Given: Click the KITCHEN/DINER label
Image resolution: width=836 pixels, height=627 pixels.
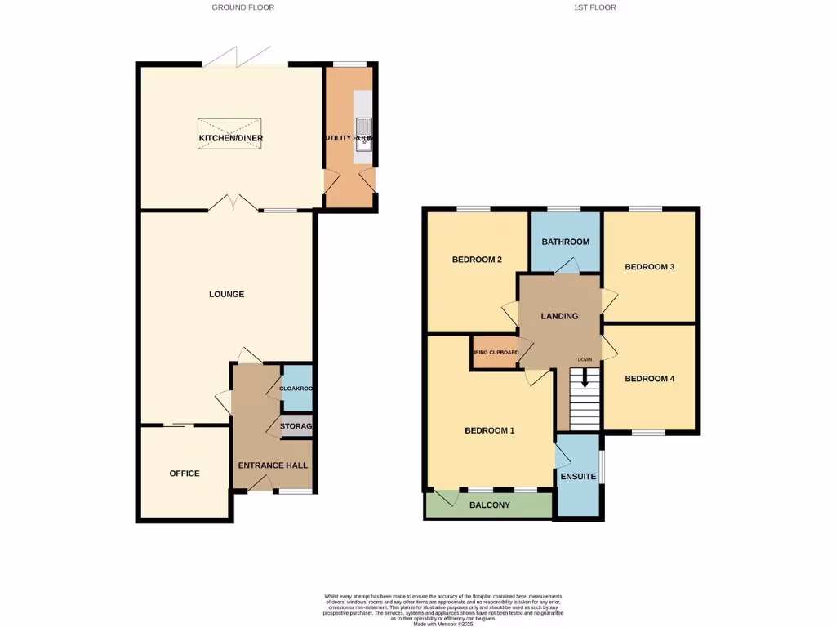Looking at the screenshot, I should point(231,138).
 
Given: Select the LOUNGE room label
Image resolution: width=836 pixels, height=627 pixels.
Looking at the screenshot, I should point(226,294).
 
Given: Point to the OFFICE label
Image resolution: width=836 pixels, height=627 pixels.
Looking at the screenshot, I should point(185,474).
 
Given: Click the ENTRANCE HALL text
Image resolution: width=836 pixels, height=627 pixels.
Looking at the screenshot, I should point(273,465).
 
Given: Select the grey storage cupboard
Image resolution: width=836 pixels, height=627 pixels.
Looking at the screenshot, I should point(296,426).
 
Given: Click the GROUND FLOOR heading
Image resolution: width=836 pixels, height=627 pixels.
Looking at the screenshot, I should point(242,7).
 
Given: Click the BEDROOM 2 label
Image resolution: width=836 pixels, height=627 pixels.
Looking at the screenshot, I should point(477,260).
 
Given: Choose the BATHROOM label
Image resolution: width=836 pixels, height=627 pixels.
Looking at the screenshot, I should point(566,242).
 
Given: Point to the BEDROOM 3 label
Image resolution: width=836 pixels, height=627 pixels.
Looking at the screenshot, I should point(649,267).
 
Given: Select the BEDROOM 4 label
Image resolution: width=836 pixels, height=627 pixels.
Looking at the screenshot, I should point(649,379).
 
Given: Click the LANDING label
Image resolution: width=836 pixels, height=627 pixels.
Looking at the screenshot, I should point(559,316).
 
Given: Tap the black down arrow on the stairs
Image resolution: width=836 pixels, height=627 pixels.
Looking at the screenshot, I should point(584,377).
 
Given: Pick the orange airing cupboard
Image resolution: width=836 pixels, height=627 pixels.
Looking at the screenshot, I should point(496,353).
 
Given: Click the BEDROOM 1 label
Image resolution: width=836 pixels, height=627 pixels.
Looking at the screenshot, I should point(489,430).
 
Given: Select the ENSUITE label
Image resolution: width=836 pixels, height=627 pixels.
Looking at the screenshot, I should point(578,477).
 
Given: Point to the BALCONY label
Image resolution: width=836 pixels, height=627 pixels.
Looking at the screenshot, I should point(489,505).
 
